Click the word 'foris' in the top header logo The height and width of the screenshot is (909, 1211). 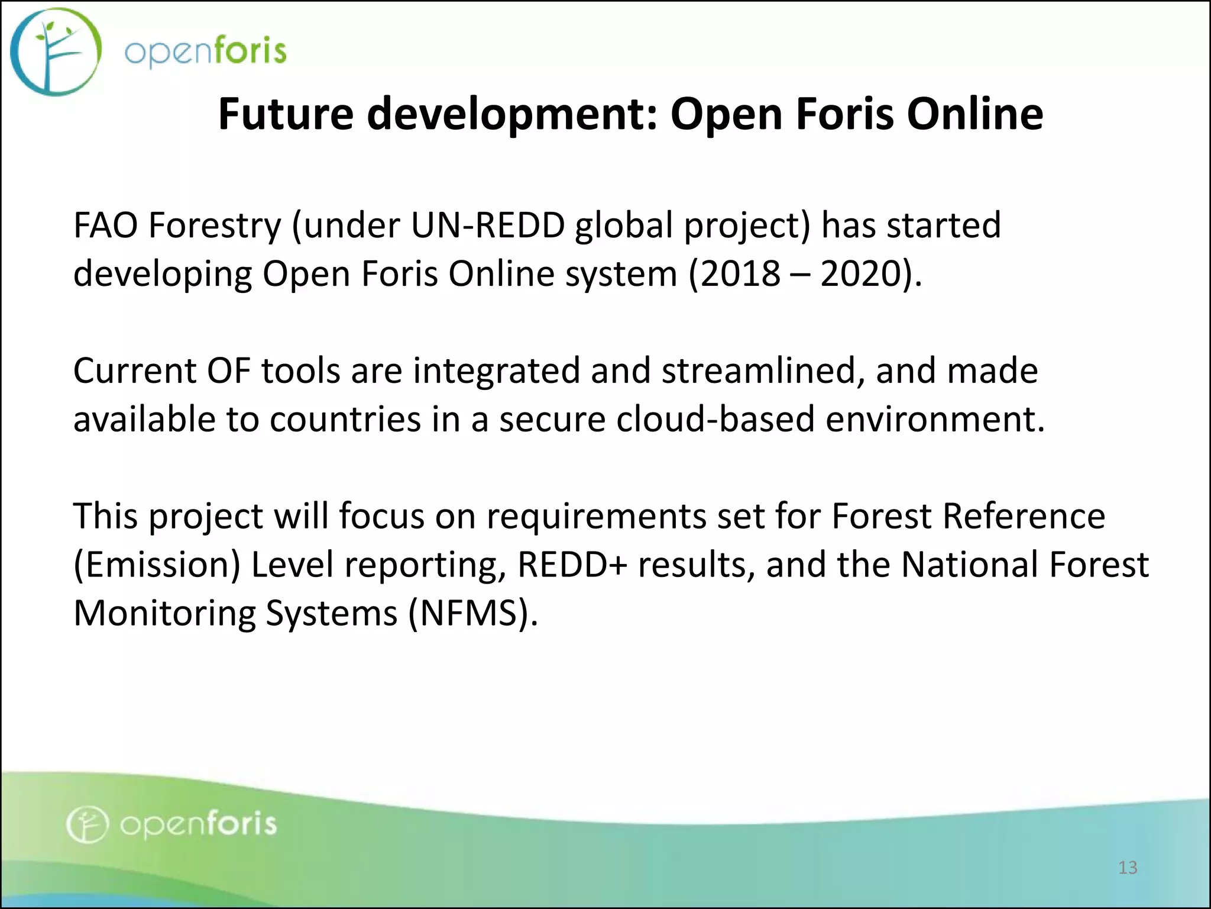(249, 50)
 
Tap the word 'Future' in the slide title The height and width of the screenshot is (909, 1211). (286, 114)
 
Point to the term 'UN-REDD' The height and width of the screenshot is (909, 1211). (487, 225)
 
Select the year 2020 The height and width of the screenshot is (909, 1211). (861, 274)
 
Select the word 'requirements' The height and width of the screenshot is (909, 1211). (596, 517)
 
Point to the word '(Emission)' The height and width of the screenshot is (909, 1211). (156, 565)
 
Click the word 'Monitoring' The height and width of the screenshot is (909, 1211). (164, 614)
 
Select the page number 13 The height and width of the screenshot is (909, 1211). (1128, 868)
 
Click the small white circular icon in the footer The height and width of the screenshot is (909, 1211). (87, 824)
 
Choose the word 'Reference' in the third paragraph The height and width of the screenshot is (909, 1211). (1023, 517)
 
